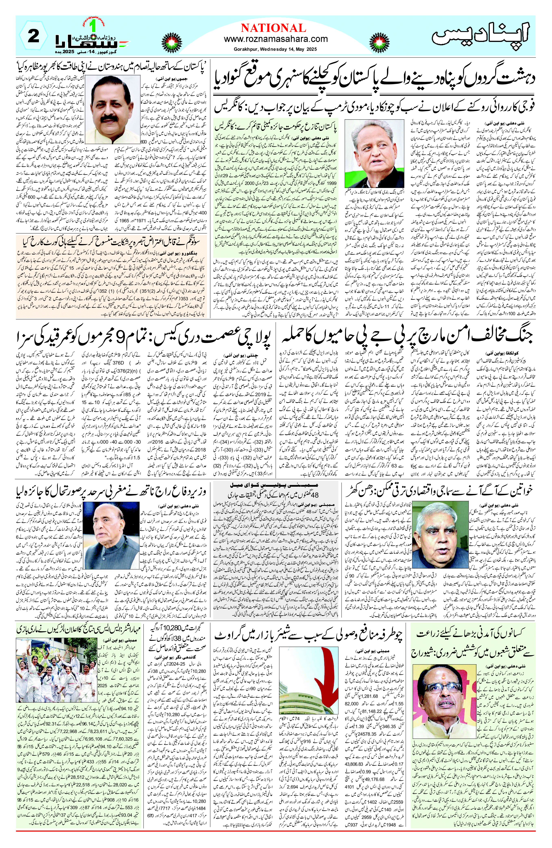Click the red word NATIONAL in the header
273,28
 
